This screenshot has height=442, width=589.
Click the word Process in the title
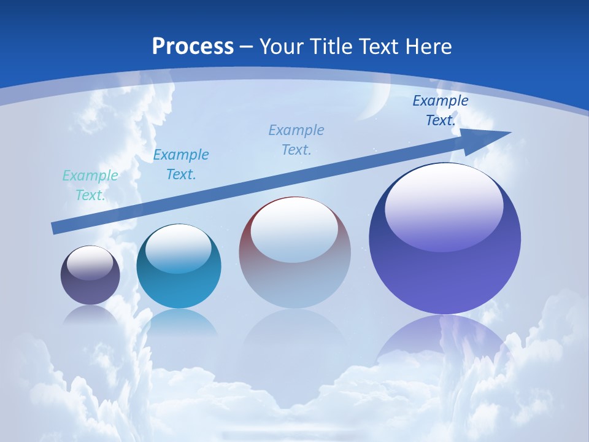[x=193, y=47]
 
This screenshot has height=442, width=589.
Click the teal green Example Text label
[x=90, y=185]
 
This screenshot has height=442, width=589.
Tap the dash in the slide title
[x=246, y=47]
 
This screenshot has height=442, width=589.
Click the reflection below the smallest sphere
[x=90, y=314]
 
